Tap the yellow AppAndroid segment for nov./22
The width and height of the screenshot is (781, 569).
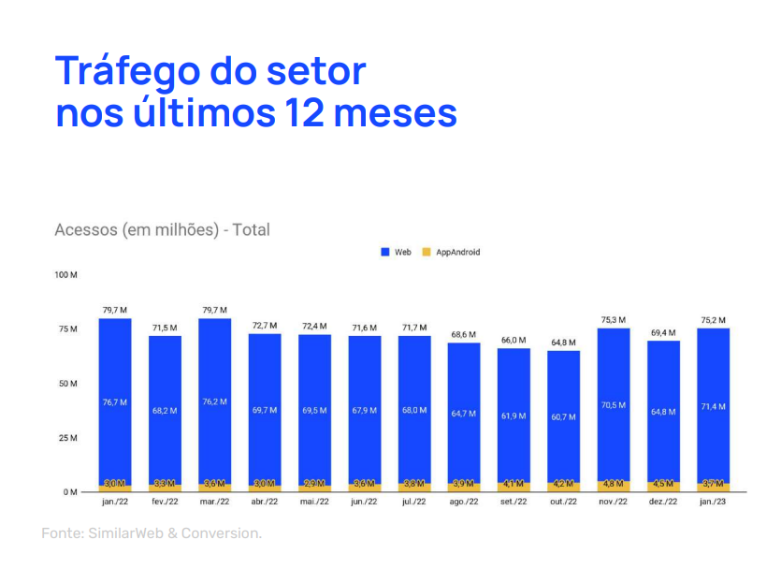(x=614, y=486)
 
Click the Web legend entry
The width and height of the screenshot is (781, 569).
(x=397, y=252)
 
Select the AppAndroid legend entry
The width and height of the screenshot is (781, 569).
(x=451, y=252)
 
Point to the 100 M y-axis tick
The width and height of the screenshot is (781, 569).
(x=65, y=275)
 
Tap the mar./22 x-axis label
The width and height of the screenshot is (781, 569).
(x=214, y=503)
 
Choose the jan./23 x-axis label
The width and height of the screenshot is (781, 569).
(x=713, y=503)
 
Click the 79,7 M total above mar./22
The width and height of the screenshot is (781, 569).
(x=214, y=310)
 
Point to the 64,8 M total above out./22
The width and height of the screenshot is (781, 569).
(x=563, y=342)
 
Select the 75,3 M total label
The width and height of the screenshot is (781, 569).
(x=614, y=319)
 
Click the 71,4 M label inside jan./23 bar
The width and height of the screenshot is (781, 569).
(x=713, y=406)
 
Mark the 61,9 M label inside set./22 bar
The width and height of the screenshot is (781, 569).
(x=513, y=415)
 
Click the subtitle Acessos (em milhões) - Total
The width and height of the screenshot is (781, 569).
(x=162, y=229)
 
